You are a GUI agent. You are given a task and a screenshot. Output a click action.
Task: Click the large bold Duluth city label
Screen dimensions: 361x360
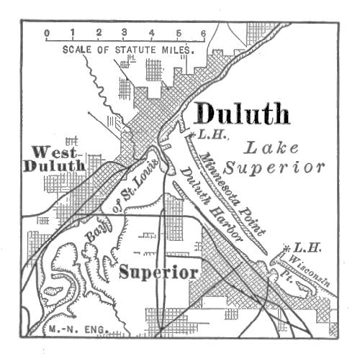[x=242, y=113]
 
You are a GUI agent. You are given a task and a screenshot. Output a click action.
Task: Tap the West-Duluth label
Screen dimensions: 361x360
[x=55, y=159]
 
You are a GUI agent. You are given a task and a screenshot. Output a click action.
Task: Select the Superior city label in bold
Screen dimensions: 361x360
[x=158, y=273]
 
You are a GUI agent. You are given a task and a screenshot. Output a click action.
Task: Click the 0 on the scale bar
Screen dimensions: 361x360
[x=46, y=33]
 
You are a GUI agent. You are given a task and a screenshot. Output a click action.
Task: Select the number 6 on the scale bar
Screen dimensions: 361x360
[x=204, y=33]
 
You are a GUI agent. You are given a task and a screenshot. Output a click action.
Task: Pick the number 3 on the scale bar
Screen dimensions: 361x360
[x=125, y=33]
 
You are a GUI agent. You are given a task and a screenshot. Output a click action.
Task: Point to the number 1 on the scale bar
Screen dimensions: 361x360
[x=73, y=33]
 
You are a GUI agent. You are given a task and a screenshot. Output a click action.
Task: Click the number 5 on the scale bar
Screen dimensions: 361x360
[x=178, y=33]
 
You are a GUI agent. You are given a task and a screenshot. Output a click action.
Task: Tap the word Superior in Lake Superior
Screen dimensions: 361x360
[x=274, y=168]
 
